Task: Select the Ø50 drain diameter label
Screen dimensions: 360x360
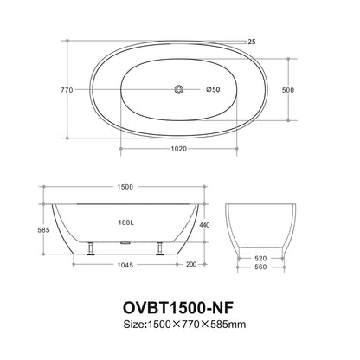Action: pyautogui.click(x=213, y=90)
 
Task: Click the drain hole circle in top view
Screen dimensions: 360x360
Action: pyautogui.click(x=179, y=90)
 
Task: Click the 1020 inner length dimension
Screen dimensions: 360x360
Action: pyautogui.click(x=179, y=148)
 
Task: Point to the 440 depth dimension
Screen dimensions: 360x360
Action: pyautogui.click(x=204, y=225)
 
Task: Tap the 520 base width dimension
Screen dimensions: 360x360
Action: pyautogui.click(x=260, y=257)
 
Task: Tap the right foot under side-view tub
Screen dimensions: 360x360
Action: pyautogui.click(x=160, y=250)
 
